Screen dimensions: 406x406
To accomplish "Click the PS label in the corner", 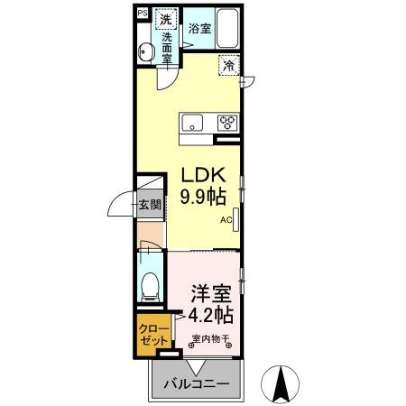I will tap(143, 13).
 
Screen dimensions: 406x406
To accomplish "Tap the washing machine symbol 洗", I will tap(166, 17).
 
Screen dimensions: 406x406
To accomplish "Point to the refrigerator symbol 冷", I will tap(229, 65).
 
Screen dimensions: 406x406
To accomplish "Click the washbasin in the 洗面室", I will tap(145, 52).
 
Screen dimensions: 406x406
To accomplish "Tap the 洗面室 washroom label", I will tap(167, 47).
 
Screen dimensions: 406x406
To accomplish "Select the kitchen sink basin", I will tap(195, 123).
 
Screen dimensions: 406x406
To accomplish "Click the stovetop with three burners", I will tap(226, 123).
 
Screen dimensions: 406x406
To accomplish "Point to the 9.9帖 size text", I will tap(204, 197).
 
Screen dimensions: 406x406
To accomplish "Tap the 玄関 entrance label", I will tap(149, 205).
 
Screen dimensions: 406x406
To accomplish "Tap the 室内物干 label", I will tap(211, 340).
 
